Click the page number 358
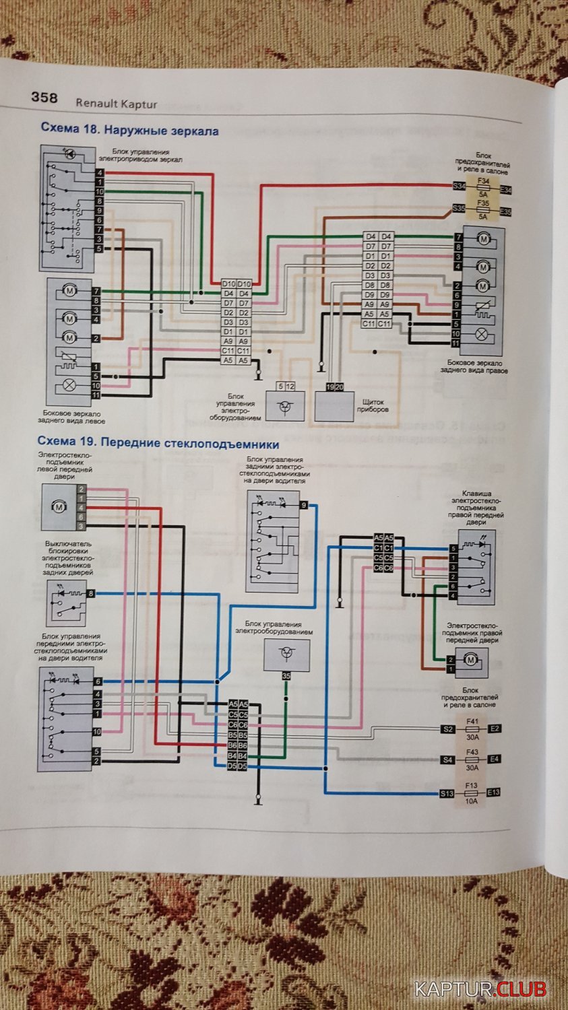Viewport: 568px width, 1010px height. (44, 98)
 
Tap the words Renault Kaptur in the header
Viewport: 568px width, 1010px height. (116, 104)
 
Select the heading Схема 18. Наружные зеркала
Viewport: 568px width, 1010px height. (129, 130)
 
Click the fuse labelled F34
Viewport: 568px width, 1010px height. (482, 182)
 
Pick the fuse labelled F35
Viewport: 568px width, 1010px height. (482, 202)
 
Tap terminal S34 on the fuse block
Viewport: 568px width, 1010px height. (459, 186)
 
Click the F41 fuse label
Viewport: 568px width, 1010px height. (472, 721)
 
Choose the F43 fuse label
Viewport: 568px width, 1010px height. (472, 751)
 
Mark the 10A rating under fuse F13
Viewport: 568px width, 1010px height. (472, 801)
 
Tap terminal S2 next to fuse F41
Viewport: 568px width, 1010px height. (447, 729)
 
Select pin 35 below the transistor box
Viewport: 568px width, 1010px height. (286, 675)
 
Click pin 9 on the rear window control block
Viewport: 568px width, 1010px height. (304, 505)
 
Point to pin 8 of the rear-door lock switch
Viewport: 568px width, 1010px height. (91, 593)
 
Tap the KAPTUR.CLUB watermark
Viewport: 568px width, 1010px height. (480, 989)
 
